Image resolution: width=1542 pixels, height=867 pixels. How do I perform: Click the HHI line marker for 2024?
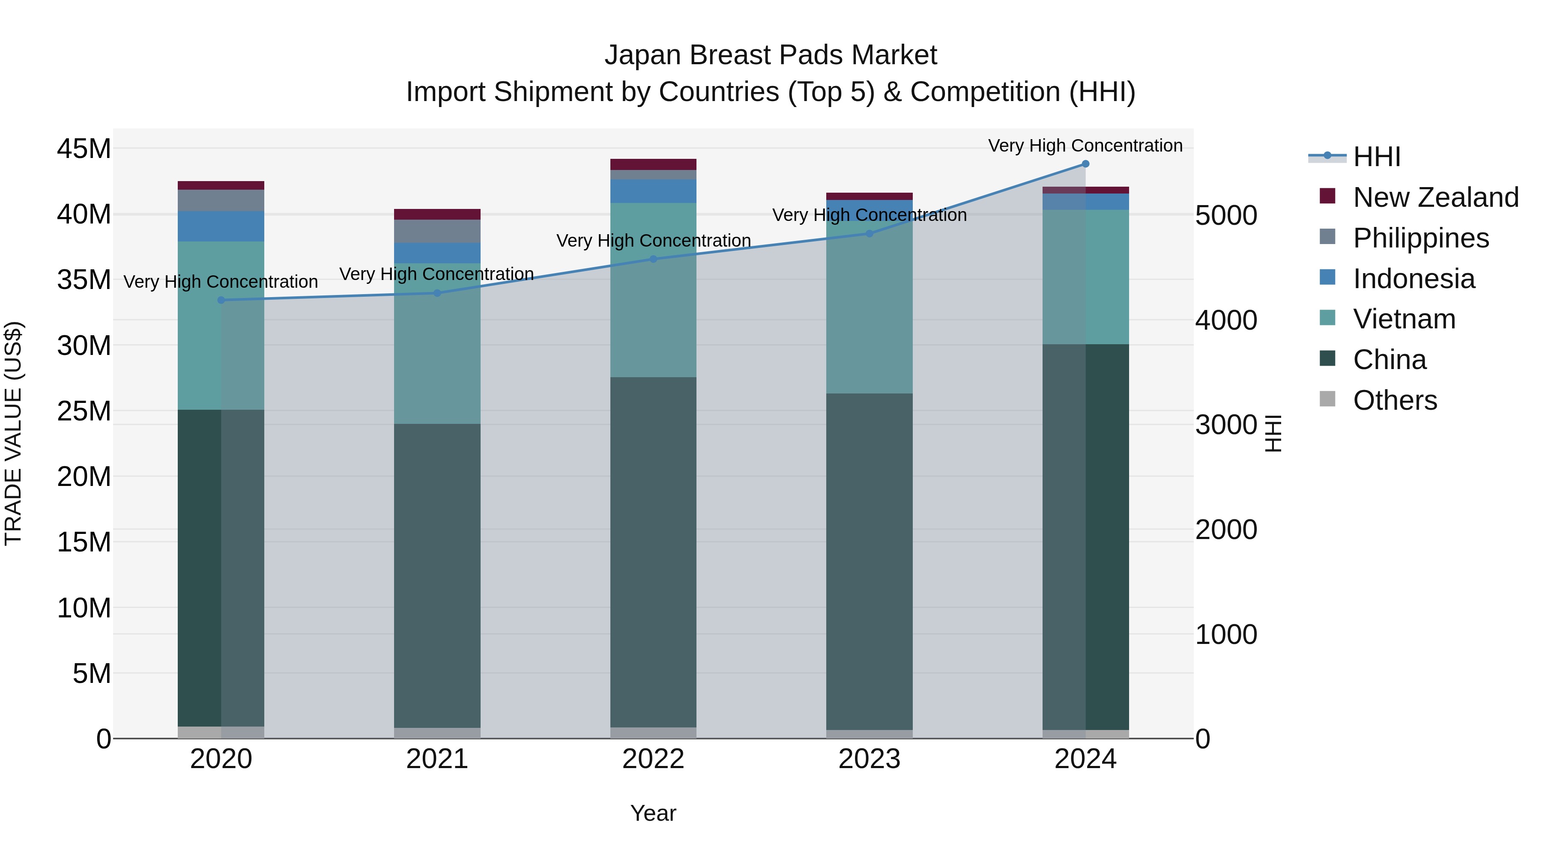click(x=1085, y=164)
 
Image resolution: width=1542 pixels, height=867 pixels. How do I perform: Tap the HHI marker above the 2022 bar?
click(x=653, y=259)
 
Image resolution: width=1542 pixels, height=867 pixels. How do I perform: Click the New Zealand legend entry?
click(x=1435, y=197)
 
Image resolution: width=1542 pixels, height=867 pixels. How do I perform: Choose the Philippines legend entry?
click(x=1420, y=238)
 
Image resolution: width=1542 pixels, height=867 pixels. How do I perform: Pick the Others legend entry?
click(x=1395, y=400)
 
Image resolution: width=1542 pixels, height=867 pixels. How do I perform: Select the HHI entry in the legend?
click(x=1376, y=157)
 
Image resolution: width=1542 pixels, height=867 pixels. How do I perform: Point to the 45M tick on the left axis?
click(x=84, y=149)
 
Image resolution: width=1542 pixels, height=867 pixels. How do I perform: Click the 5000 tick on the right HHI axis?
click(x=1226, y=216)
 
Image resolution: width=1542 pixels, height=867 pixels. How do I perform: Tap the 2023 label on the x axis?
click(x=869, y=759)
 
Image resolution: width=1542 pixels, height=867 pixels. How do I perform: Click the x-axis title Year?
click(x=653, y=813)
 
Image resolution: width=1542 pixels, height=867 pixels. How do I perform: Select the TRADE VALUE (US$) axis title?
click(x=14, y=433)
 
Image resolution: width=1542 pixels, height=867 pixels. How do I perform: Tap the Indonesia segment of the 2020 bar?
click(x=221, y=226)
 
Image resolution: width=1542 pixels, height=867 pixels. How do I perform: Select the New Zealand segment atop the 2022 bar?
click(x=653, y=164)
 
